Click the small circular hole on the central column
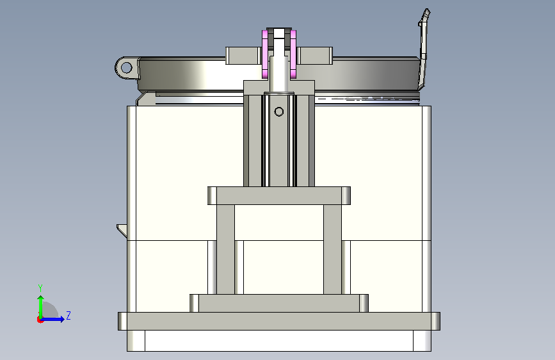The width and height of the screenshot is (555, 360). coord(279,111)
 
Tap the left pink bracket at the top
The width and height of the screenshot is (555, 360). coord(265,54)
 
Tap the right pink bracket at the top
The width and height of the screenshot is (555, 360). coord(293,54)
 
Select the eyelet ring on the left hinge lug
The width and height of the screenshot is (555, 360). coord(126,67)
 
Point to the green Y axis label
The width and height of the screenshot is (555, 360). coord(40,288)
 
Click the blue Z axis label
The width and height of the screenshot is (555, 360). coord(68,315)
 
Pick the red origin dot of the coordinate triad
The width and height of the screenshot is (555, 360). coord(40,320)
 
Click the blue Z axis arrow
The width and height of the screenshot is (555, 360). coord(53,319)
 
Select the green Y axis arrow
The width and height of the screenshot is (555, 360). coord(41,307)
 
